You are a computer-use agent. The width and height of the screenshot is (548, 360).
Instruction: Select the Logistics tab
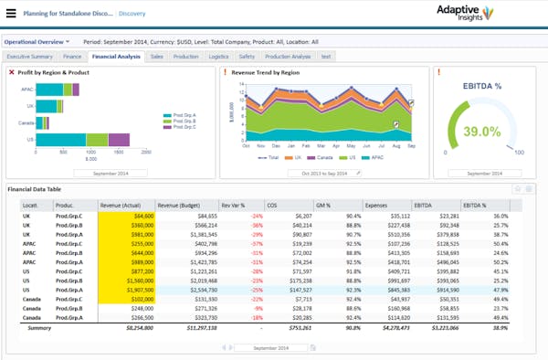[219, 57]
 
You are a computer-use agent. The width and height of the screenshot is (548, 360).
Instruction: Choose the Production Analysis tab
[288, 57]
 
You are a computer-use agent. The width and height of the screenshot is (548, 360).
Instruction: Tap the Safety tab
[248, 57]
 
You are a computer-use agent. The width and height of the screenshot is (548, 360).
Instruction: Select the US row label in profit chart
[30, 140]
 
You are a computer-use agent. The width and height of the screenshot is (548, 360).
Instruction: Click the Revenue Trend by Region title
[266, 71]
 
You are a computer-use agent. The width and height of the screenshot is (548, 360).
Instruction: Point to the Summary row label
[39, 326]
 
